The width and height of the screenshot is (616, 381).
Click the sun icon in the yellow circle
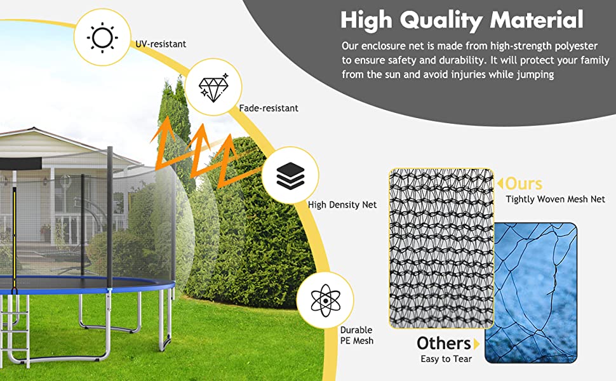pos(102,37)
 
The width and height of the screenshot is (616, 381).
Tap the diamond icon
pos(213,87)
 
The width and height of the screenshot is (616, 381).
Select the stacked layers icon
pos(290,175)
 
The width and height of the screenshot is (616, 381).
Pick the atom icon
pos(325,300)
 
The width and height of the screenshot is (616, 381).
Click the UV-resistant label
pos(161,44)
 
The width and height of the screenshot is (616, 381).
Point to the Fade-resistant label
pos(269,108)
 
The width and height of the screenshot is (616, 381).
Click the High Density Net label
pos(342,204)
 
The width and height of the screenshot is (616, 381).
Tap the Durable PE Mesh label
pos(357,335)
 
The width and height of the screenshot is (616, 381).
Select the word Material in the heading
pos(537,20)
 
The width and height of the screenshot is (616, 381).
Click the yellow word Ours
pos(524,184)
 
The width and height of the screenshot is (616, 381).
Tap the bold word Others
pos(443,344)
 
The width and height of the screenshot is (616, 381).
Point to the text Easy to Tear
pos(446,359)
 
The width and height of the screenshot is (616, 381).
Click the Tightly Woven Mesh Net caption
pos(555,199)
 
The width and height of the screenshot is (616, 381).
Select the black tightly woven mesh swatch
pos(441,248)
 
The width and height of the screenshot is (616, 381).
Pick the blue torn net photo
pos(531,293)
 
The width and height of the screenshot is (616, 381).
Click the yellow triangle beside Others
pos(476,344)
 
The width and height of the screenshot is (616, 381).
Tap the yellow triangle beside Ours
pos(500,184)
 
